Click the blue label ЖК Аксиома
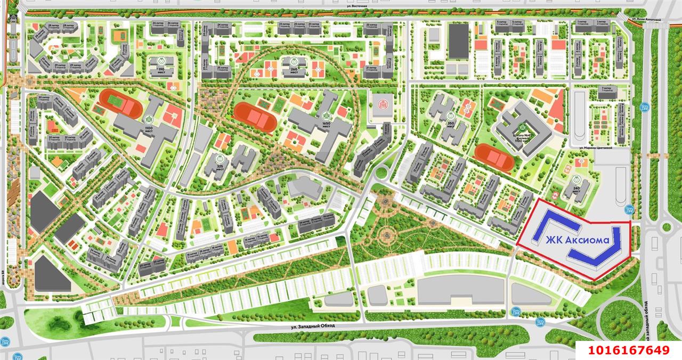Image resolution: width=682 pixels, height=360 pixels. pyautogui.click(x=577, y=241)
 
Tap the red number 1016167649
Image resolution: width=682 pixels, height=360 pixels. pyautogui.click(x=628, y=350)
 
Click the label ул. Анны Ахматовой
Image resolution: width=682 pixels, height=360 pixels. pyautogui.click(x=645, y=19)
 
